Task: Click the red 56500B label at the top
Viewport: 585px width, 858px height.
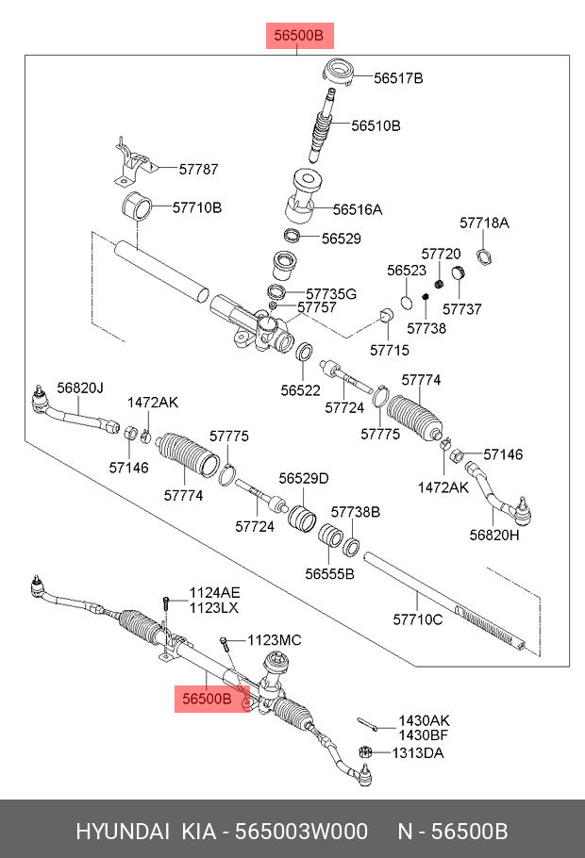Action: tap(298, 37)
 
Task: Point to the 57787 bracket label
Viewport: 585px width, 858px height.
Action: tap(197, 170)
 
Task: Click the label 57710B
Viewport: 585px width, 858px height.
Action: tap(196, 206)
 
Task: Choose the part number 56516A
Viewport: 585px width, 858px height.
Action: tap(358, 210)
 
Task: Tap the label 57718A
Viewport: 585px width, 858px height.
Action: tap(484, 223)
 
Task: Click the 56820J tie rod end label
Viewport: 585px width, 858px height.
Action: tap(80, 388)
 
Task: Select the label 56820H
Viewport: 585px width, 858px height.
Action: tap(494, 536)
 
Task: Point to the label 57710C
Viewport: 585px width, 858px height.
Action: tap(417, 619)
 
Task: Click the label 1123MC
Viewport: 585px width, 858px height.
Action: tap(275, 640)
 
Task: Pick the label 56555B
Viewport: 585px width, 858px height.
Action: tap(328, 573)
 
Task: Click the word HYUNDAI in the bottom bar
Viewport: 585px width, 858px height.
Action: tap(118, 833)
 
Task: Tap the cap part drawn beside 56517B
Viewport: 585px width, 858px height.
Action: tap(340, 72)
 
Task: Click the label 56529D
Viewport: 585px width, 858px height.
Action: tap(303, 479)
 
